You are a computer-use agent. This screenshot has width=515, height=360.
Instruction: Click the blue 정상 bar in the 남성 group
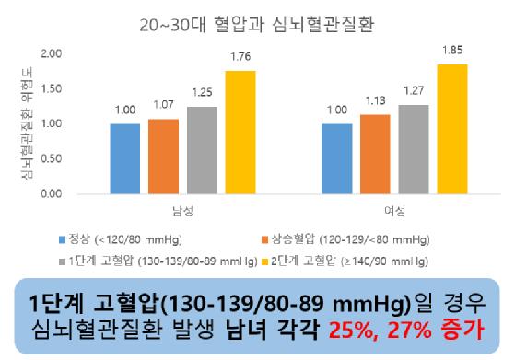[x=124, y=158]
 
